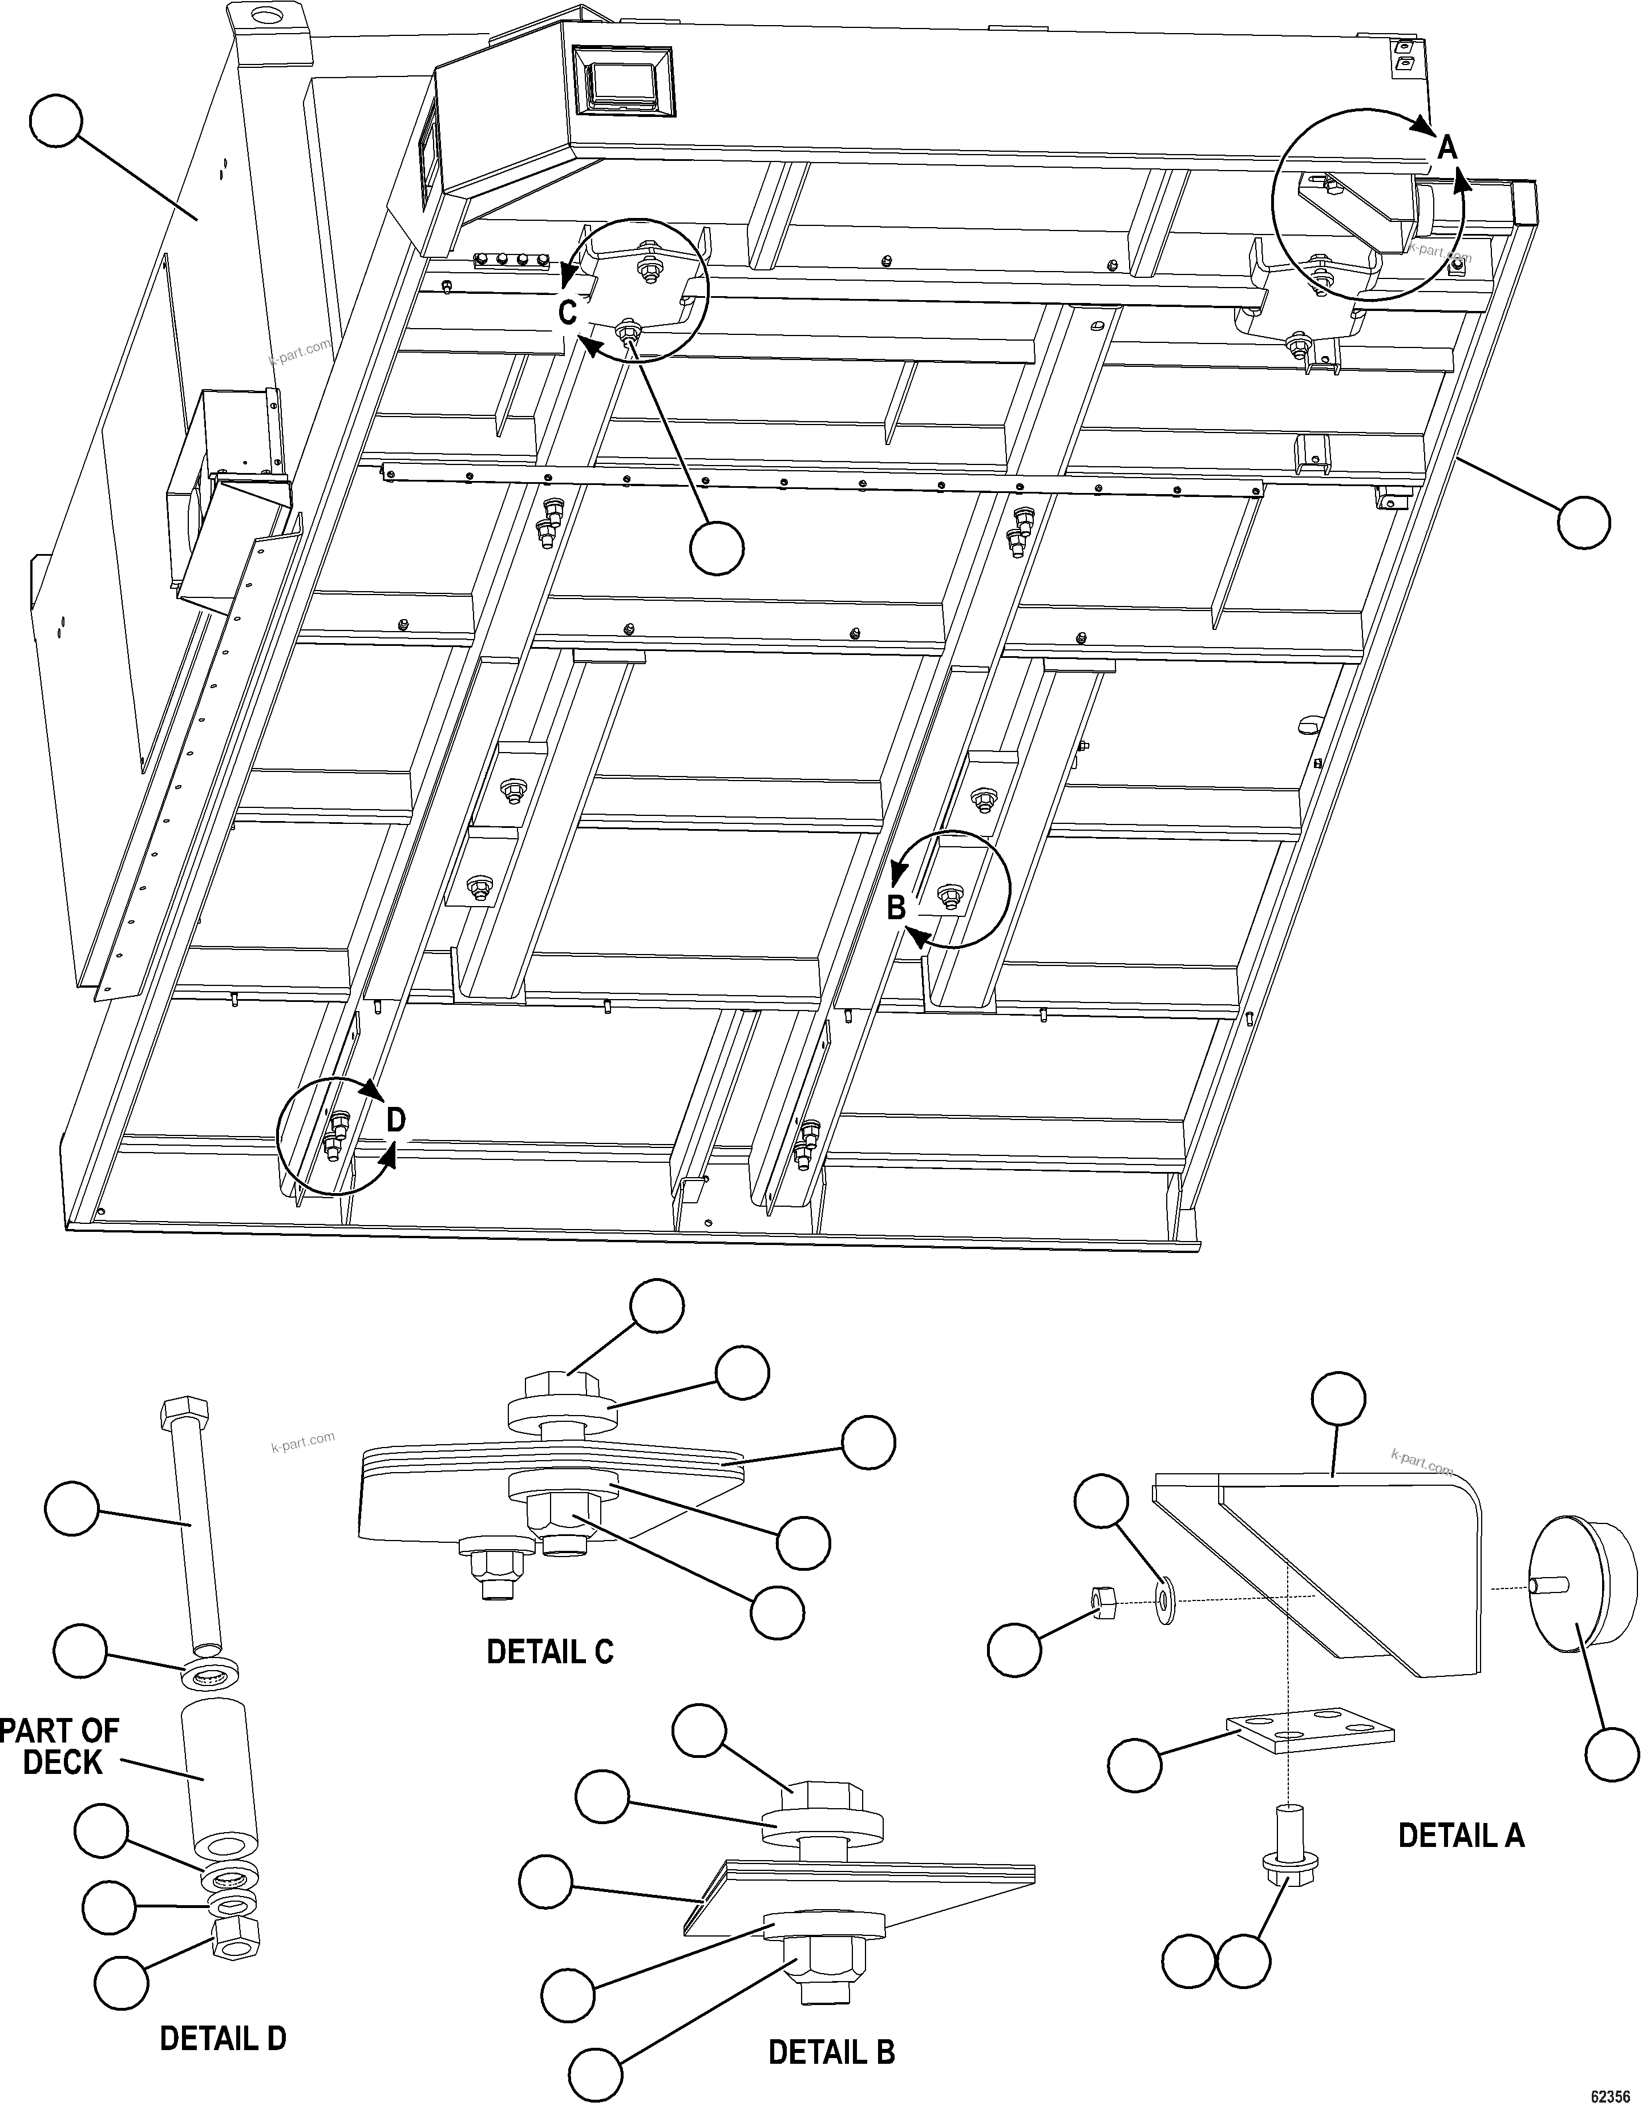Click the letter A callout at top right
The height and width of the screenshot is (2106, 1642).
(x=1446, y=148)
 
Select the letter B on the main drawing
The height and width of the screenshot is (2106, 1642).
(x=896, y=907)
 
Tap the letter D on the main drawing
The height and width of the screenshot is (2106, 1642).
(x=397, y=1119)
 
